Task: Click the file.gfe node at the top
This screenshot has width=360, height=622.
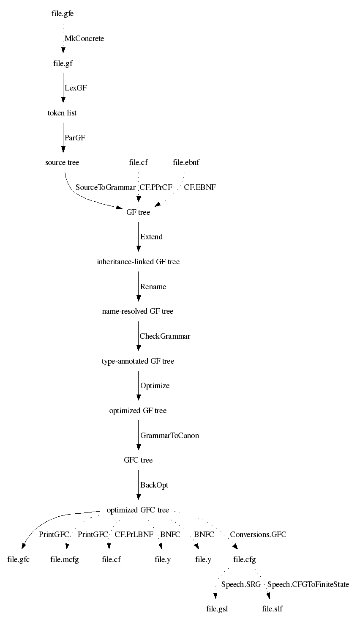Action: [x=63, y=14]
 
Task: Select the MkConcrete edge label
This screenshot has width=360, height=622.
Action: [x=85, y=38]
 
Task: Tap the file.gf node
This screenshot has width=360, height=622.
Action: [x=63, y=63]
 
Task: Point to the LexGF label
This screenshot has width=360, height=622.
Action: [x=76, y=88]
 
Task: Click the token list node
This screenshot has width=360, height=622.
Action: [x=62, y=113]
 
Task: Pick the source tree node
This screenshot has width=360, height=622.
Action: [x=62, y=162]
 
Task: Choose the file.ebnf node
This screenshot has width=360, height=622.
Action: [x=186, y=162]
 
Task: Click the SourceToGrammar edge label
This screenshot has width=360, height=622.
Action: [x=106, y=187]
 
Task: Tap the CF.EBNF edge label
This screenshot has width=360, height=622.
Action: [x=200, y=187]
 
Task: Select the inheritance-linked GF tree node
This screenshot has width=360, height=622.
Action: [x=138, y=262]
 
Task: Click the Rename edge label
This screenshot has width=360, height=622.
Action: [x=153, y=287]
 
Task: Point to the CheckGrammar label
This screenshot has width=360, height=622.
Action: [x=165, y=336]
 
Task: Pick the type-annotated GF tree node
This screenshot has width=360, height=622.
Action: [x=138, y=361]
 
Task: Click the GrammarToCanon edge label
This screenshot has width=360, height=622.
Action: [x=169, y=436]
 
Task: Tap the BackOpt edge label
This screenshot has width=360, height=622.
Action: [x=154, y=485]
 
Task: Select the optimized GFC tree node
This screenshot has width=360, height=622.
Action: [x=138, y=510]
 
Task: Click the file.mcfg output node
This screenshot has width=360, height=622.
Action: [x=64, y=559]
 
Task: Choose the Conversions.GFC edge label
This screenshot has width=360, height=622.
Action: [x=258, y=534]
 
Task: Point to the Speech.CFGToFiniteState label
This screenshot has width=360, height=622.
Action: [x=308, y=584]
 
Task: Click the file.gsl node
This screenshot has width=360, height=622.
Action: [x=217, y=608]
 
